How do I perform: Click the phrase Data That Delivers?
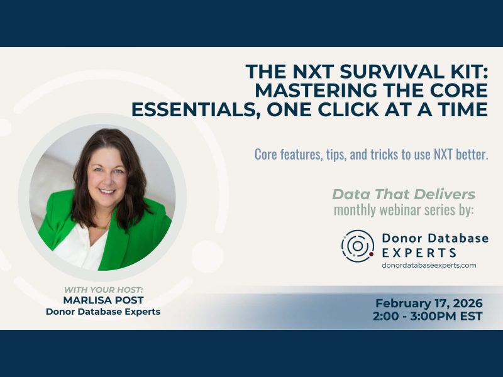403,194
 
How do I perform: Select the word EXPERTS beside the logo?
419,253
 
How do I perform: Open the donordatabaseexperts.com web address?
429,265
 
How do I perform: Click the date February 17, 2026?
428,302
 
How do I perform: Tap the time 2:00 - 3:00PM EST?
428,316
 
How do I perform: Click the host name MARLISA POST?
104,300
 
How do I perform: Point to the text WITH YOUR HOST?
104,290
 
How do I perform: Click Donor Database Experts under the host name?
103,312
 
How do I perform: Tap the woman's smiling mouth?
108,191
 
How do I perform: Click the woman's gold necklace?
101,225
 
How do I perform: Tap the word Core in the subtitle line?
267,154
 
